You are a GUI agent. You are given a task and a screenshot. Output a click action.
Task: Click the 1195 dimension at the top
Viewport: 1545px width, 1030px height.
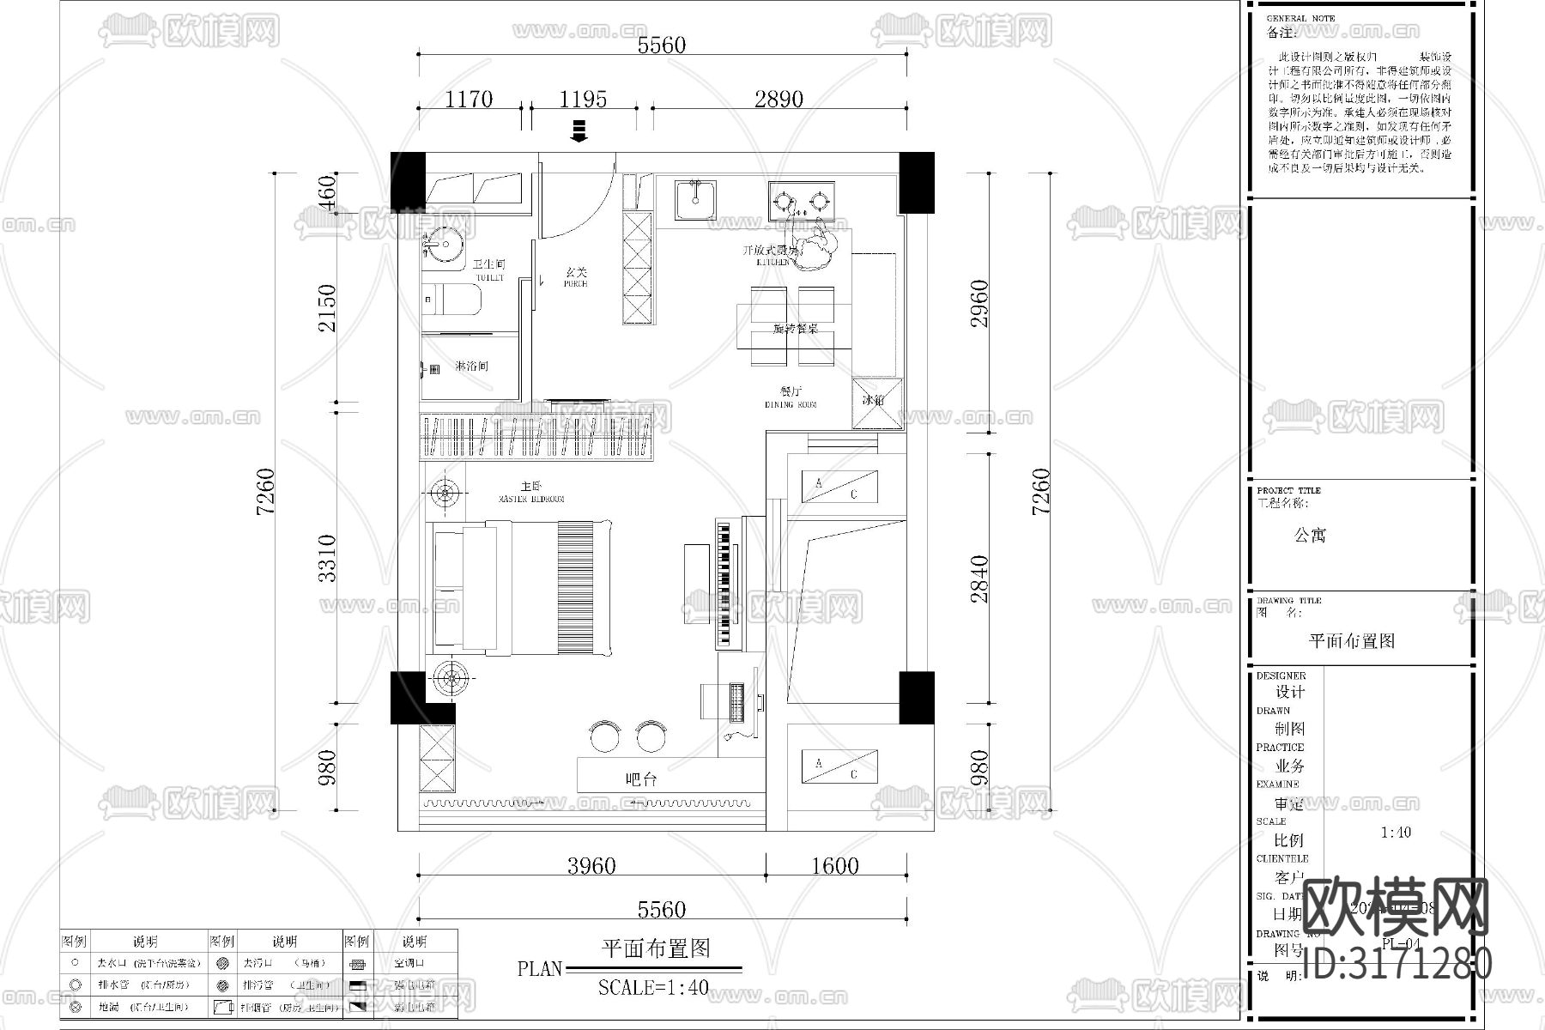[x=583, y=99]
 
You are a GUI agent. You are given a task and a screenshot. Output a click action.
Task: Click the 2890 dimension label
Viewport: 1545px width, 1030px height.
[x=779, y=99]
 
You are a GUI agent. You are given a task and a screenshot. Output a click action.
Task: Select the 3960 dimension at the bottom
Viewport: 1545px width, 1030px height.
[x=591, y=865]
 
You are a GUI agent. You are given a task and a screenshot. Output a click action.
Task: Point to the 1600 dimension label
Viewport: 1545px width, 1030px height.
[x=834, y=865]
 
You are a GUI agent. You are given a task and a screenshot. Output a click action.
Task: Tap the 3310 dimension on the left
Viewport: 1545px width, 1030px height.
[x=327, y=558]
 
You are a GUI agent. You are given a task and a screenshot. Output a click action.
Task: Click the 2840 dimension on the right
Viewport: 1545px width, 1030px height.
[x=979, y=579]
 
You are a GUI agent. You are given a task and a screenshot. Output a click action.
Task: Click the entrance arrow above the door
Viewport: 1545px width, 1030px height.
[x=579, y=131]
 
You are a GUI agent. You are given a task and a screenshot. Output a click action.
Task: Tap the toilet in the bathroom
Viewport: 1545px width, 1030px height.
[x=455, y=300]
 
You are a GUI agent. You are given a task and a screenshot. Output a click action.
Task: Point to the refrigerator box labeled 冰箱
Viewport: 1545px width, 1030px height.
[x=876, y=402]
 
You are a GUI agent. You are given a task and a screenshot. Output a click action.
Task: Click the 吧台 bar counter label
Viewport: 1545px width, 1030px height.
[x=641, y=779]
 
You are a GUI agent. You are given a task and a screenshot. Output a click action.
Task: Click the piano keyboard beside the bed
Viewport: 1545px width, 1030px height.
[x=727, y=584]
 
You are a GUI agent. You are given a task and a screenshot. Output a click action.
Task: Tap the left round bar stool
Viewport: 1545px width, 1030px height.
[x=608, y=736]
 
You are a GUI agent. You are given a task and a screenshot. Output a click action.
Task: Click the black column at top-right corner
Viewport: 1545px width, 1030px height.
[x=916, y=182]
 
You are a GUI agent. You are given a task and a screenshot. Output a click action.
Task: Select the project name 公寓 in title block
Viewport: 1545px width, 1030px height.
[x=1310, y=536]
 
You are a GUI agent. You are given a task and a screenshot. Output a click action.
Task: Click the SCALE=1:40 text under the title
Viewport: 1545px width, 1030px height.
[x=653, y=987]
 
